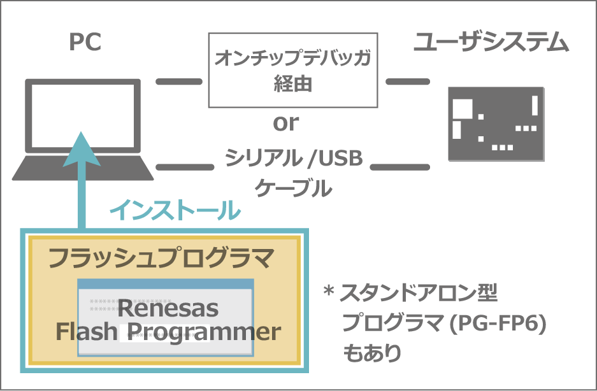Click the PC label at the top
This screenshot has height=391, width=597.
click(x=85, y=43)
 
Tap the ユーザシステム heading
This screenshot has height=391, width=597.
click(x=491, y=43)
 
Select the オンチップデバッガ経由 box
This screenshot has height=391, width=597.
click(x=292, y=71)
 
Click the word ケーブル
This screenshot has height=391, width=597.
click(x=294, y=188)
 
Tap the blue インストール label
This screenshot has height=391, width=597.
click(x=175, y=210)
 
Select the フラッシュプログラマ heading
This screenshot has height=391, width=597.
click(x=161, y=258)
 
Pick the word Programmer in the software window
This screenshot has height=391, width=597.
click(x=203, y=332)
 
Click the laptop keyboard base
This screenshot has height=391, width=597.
click(x=83, y=168)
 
